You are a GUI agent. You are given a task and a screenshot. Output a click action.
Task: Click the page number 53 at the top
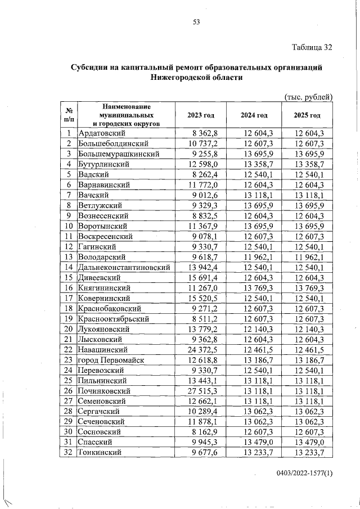(196, 22)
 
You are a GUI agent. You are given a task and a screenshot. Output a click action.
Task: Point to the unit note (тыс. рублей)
(309, 96)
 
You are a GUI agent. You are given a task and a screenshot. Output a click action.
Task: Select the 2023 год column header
(201, 115)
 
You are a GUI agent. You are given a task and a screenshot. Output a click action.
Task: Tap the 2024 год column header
(254, 115)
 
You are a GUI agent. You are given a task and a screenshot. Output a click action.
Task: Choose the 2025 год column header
(307, 115)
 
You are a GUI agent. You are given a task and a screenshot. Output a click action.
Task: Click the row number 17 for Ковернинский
(68, 298)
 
